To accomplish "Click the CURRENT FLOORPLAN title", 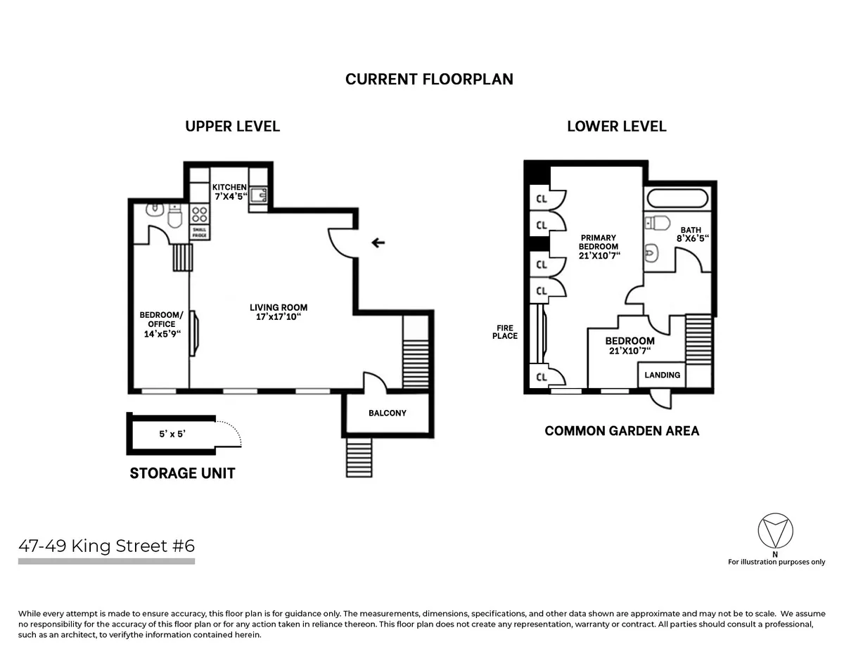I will pos(429,79).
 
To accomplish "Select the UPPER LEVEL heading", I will pos(232,127).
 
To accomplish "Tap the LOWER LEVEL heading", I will pos(616,127).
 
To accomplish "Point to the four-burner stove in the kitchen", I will pos(199,214).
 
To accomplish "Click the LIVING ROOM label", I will pos(279,312).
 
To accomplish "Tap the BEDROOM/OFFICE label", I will pos(161,324).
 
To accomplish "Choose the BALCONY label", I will pos(387,413).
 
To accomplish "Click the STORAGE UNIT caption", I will pos(182,473).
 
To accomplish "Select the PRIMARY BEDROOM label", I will pos(598,247).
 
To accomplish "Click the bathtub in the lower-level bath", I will pos(678,198).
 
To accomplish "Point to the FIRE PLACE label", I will pos(505,331).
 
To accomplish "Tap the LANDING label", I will pos(662,375).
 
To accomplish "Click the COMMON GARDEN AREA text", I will pos(622,431).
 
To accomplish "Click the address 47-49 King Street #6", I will pos(106,546).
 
